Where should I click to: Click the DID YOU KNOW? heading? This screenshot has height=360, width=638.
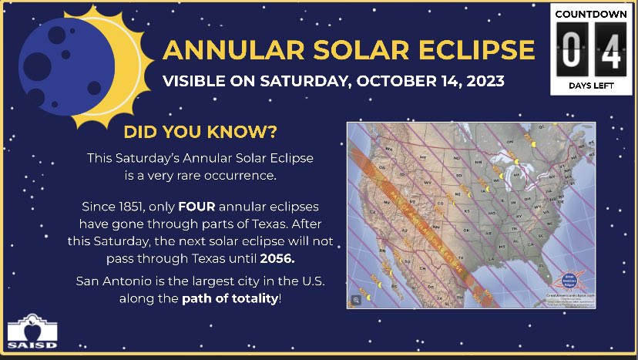tap(200, 132)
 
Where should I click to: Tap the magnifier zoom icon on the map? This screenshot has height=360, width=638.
tap(357, 300)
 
